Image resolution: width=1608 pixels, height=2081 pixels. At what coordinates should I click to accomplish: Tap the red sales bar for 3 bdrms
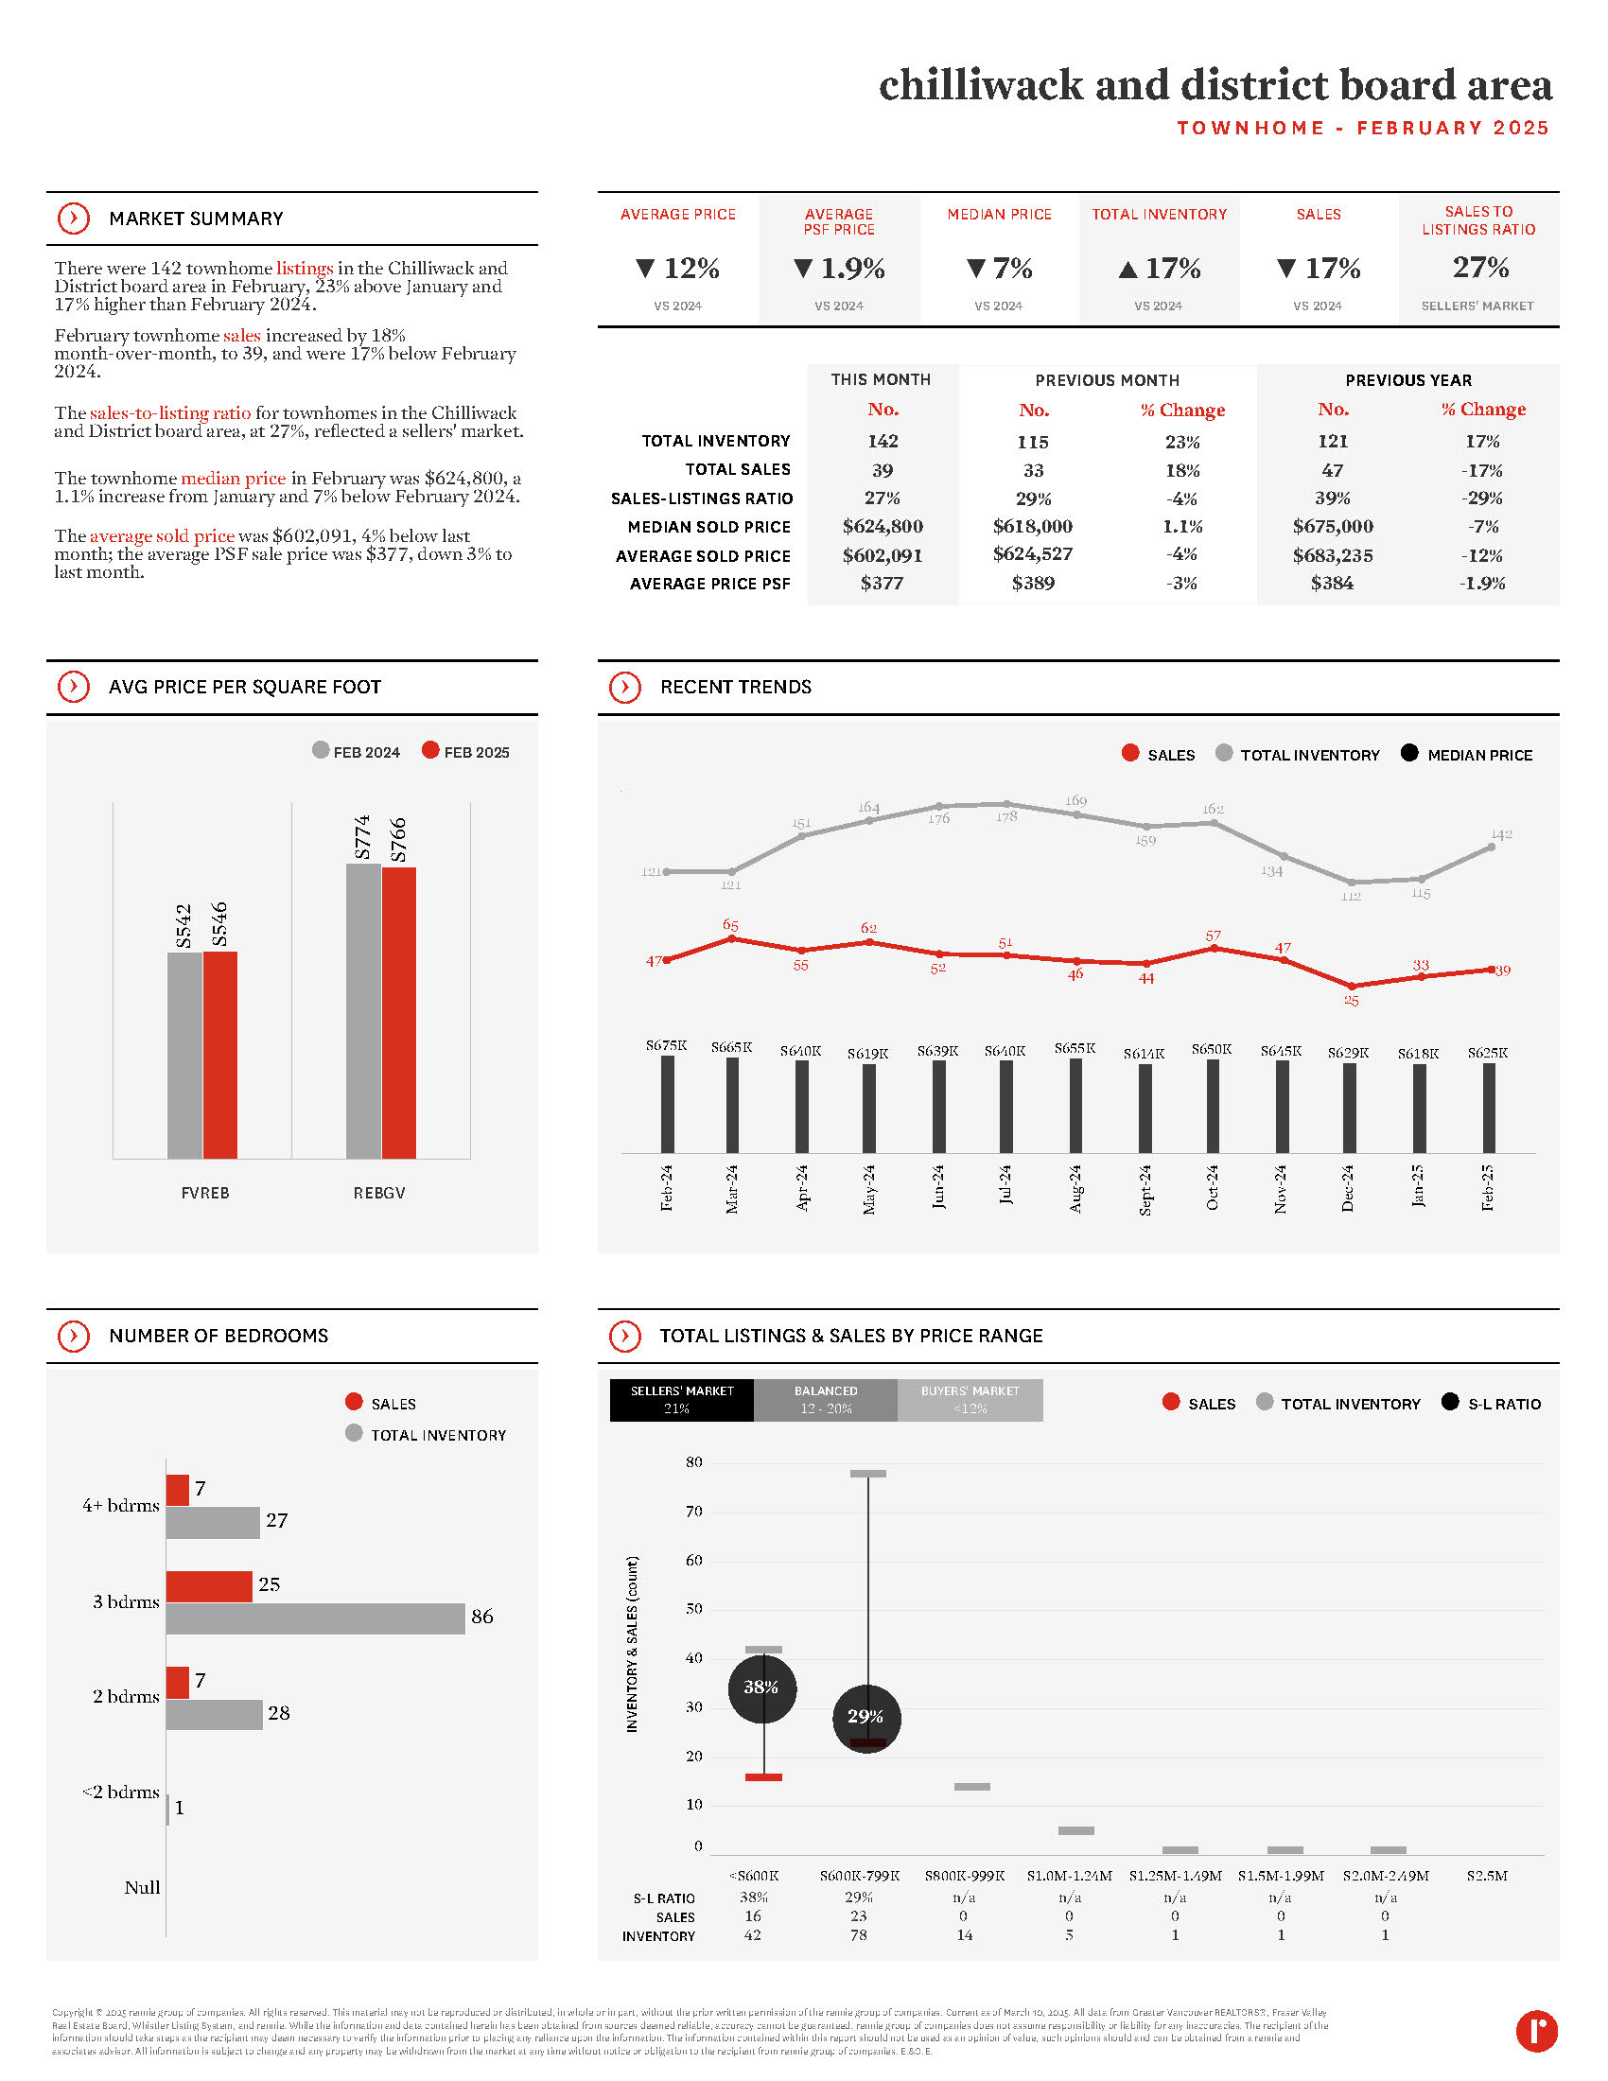(209, 1585)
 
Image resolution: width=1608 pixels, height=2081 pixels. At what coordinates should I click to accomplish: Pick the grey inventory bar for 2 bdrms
(214, 1714)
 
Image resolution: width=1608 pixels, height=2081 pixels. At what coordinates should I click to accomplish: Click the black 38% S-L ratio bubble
(761, 1688)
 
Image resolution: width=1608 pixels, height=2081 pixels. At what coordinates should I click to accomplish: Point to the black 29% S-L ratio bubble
(865, 1717)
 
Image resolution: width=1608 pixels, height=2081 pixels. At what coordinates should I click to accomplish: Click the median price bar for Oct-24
(1213, 1105)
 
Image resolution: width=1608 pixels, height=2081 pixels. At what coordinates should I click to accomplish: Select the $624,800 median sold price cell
(883, 526)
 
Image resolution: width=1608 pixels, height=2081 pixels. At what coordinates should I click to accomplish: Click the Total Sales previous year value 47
(1332, 470)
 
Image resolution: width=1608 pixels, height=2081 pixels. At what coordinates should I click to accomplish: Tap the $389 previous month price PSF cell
(1033, 583)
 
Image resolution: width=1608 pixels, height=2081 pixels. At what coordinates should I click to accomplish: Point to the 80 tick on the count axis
(693, 1461)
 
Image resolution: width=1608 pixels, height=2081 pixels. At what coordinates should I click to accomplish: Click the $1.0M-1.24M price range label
(1069, 1875)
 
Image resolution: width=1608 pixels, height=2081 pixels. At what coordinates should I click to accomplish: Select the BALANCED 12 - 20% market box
(825, 1400)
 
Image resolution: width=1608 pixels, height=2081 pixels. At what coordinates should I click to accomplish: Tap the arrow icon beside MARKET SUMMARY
(74, 219)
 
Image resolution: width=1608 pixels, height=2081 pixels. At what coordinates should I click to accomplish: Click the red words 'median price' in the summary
(233, 479)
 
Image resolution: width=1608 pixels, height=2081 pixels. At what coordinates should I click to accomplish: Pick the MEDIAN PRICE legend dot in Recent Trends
(1409, 753)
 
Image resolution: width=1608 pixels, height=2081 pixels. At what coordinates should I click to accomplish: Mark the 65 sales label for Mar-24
(730, 925)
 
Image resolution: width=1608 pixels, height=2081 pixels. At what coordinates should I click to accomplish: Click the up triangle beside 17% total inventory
(1127, 270)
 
